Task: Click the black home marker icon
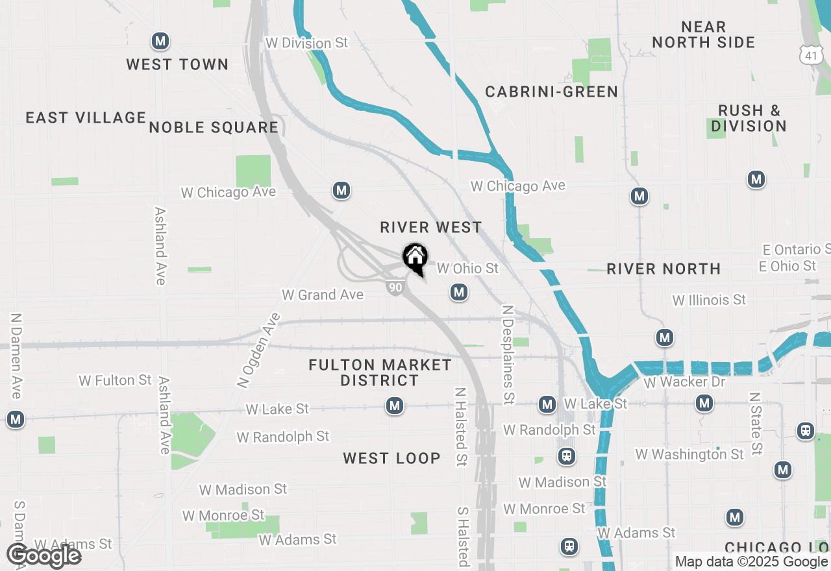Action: pos(415,258)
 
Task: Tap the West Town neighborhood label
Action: pos(177,64)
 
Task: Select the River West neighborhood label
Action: pos(431,227)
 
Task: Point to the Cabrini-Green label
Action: pos(551,91)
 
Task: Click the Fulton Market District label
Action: pos(380,372)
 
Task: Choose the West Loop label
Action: pos(391,458)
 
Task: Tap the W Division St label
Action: pos(307,43)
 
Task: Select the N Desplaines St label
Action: pos(508,353)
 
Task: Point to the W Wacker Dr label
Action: pos(684,382)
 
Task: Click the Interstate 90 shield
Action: pos(395,287)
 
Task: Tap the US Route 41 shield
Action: pos(810,55)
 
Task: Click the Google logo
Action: pos(43,555)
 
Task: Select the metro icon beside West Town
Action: pos(160,42)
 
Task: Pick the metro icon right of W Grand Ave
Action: pos(459,293)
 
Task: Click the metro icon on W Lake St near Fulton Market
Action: pos(394,406)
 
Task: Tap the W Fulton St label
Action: pos(115,380)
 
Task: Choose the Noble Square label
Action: pos(214,127)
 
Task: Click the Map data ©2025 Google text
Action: pos(752,562)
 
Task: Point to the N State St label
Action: pos(754,423)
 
